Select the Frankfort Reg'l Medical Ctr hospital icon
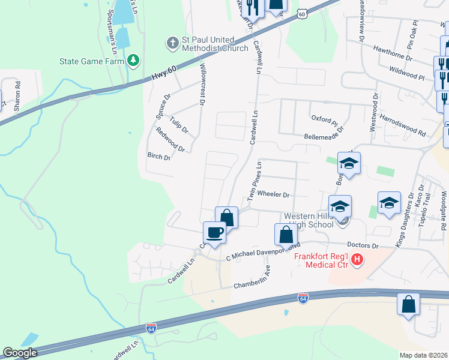click(357, 260)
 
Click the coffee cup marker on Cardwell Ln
click(214, 232)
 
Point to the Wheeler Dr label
click(273, 195)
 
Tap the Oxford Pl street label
click(324, 120)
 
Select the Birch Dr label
click(158, 157)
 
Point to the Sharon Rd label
click(17, 94)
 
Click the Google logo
click(20, 353)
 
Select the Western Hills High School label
click(309, 220)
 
